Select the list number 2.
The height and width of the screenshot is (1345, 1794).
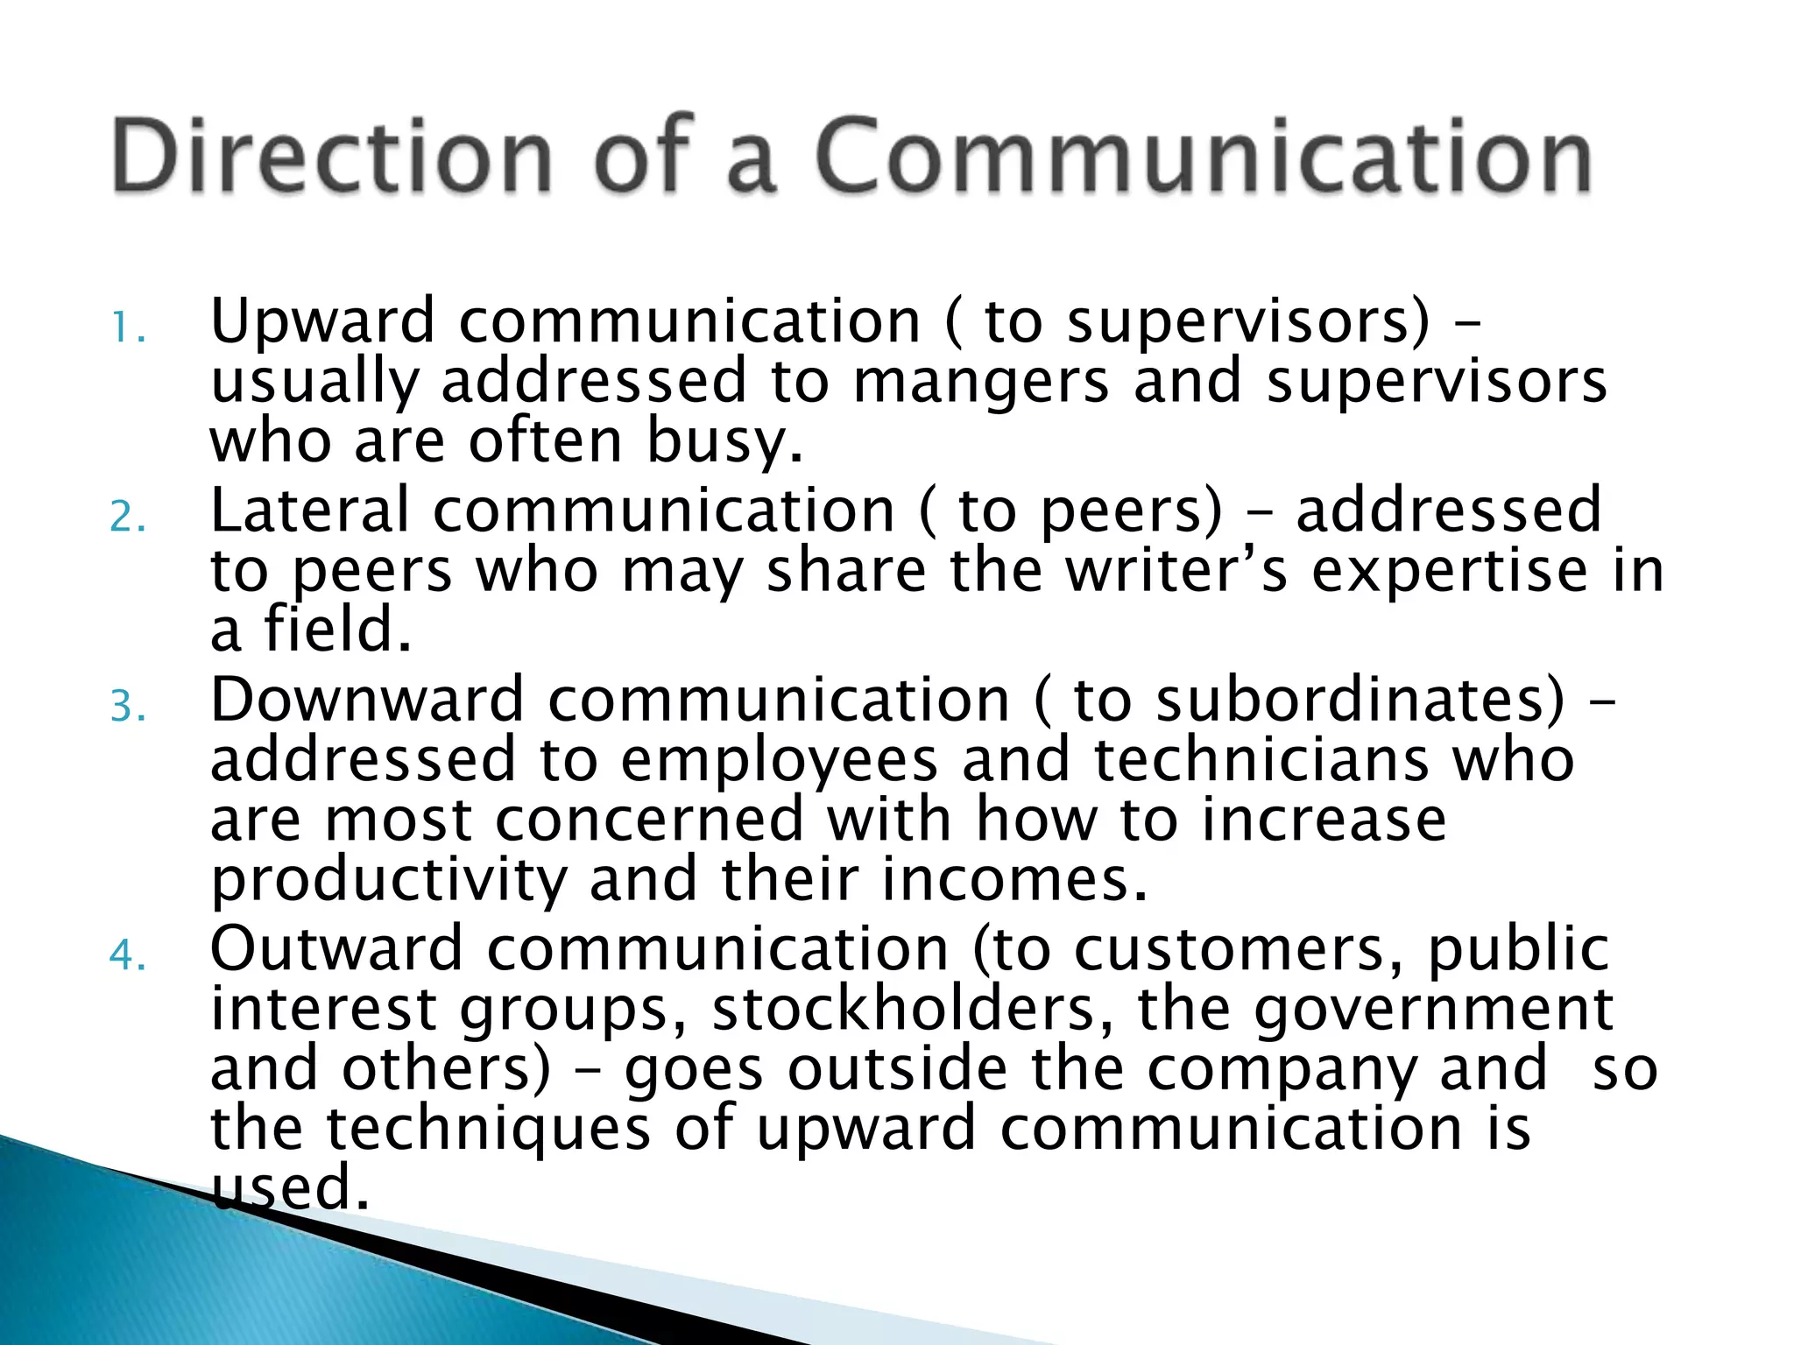[128, 518]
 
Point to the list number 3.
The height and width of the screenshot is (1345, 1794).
[128, 707]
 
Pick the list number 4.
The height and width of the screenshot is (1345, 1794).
[128, 955]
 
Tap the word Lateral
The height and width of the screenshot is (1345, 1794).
[309, 511]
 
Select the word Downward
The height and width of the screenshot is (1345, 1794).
[367, 700]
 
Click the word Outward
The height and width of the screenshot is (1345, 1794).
[336, 948]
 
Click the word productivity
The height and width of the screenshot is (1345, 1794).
[390, 880]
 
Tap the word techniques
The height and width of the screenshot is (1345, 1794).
[489, 1129]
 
